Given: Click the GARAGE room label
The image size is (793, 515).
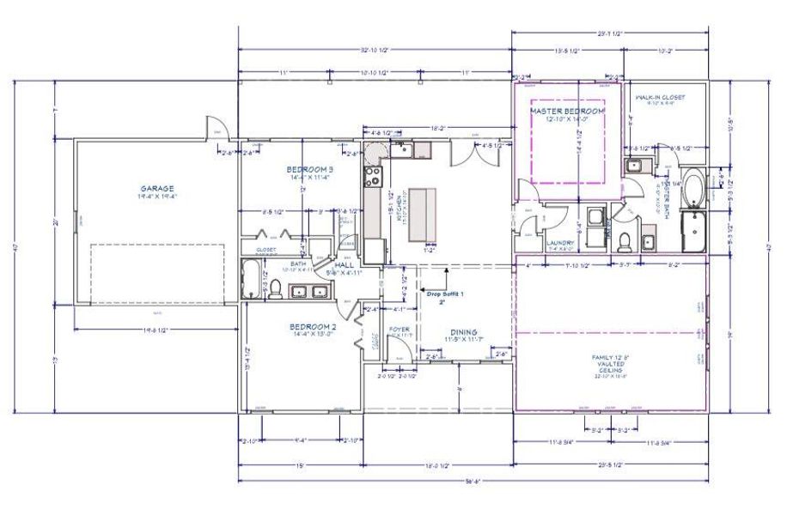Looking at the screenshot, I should coord(157,188).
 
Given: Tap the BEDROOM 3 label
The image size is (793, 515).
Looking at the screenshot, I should coord(310,170).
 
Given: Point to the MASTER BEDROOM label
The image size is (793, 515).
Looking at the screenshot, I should coord(567,112).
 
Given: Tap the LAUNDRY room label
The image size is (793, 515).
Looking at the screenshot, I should coord(559,243).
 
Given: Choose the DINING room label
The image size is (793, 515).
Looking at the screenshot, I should coord(464,332).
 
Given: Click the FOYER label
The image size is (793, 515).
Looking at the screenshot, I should coord(399,329).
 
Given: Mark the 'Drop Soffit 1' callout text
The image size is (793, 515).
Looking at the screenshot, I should coord(444,294).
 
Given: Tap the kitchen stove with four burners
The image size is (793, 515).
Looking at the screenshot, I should coord(374,179).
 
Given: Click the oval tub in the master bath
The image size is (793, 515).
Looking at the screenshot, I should coord(692,190).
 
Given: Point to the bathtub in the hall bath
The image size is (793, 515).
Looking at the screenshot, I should coord(250,280).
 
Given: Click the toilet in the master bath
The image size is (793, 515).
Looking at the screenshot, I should coord(626,239).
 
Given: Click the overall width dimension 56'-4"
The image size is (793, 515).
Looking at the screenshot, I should coord(473,480).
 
